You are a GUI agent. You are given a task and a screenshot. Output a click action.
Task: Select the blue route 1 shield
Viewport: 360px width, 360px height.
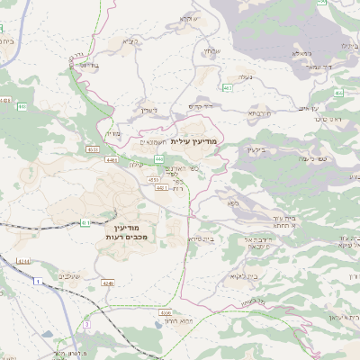coord(39,283)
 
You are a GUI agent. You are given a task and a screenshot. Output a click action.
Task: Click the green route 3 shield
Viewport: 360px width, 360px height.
coord(86,322)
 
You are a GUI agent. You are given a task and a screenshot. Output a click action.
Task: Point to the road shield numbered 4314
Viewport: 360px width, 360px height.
coord(22,262)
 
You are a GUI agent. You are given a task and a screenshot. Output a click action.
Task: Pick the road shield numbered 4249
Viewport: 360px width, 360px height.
coord(108,283)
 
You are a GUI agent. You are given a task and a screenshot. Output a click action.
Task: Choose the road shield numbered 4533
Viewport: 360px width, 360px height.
coord(94,148)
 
